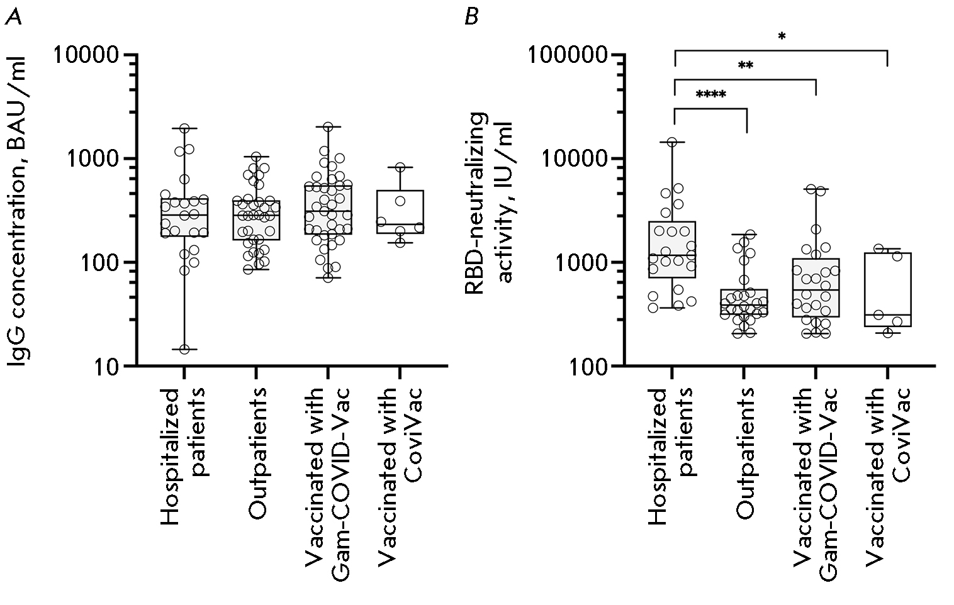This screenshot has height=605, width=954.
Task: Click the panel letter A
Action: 13,16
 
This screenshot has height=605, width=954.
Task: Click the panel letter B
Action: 471,16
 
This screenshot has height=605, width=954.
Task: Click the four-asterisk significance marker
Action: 710,96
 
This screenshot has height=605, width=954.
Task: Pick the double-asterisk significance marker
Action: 745,66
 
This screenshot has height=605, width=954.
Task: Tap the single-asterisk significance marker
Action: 781,37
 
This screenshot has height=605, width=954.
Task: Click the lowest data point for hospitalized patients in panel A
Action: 184,349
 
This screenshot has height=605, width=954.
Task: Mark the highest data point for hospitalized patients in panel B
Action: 672,142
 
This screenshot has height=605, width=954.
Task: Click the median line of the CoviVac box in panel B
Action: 887,314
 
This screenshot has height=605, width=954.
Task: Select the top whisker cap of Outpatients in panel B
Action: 744,235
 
